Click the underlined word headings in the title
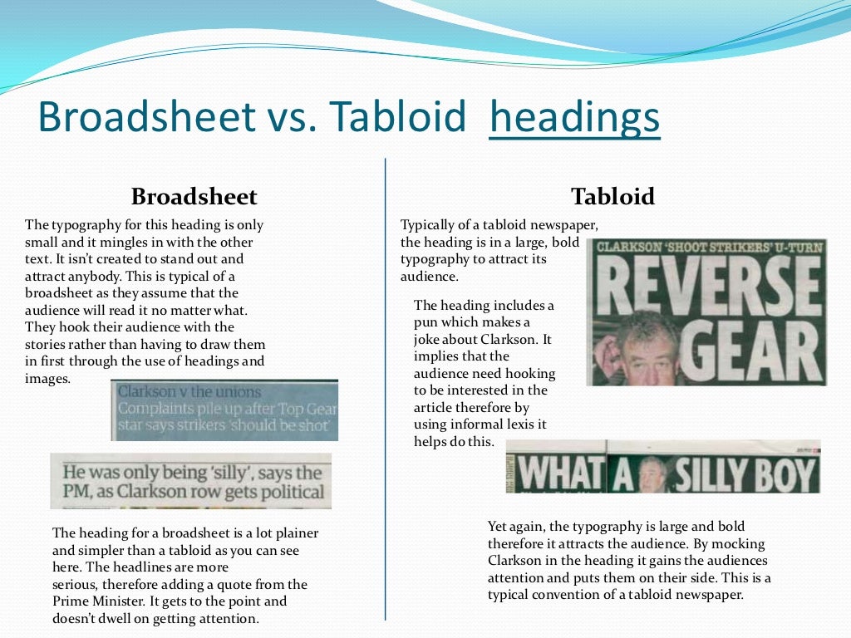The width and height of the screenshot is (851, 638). (574, 118)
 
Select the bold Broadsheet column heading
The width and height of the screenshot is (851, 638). (194, 197)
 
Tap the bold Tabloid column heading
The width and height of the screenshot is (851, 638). (612, 197)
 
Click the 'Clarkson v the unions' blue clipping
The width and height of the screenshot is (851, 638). (224, 410)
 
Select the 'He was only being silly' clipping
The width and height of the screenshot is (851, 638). (191, 481)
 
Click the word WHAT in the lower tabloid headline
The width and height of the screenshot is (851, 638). (558, 474)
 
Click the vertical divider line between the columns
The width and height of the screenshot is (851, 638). (386, 390)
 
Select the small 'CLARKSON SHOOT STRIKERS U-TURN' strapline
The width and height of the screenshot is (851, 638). (710, 247)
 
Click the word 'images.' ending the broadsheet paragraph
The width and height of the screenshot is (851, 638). (48, 379)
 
